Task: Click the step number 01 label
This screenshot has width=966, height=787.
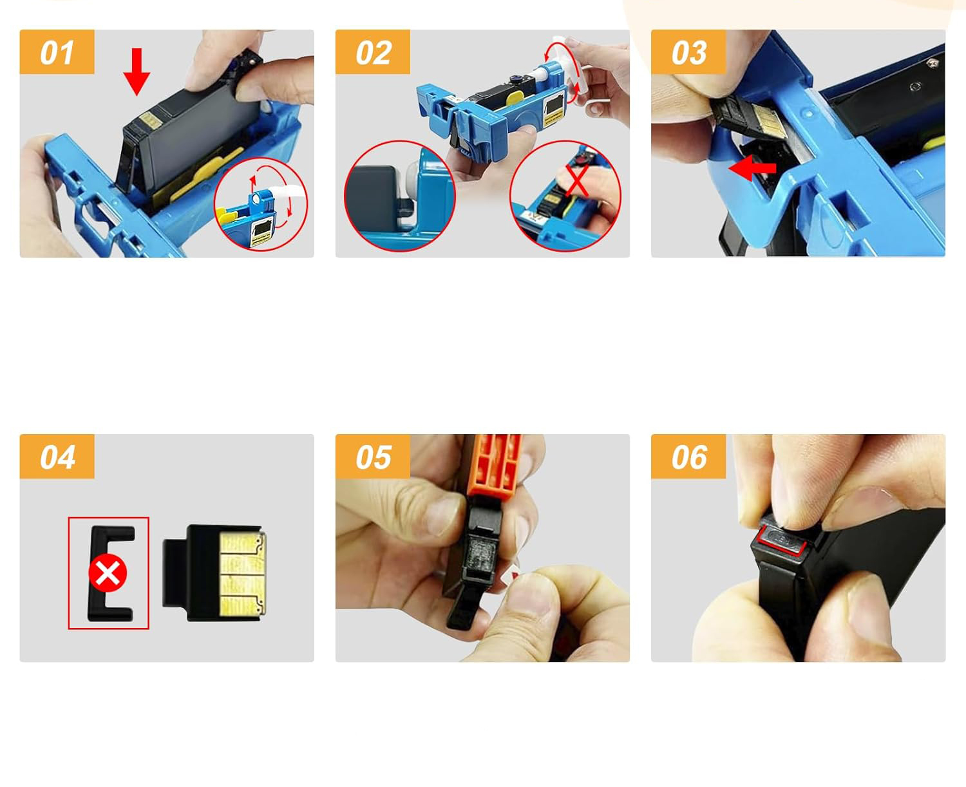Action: click(x=57, y=52)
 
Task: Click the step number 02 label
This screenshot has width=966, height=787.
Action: click(x=373, y=52)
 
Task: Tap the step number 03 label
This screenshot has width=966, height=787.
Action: click(x=688, y=52)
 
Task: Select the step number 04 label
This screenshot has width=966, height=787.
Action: click(x=57, y=457)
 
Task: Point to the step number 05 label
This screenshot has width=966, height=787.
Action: click(x=373, y=457)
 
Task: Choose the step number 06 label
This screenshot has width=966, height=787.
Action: click(x=688, y=457)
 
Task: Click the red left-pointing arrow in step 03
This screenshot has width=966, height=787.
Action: click(x=752, y=168)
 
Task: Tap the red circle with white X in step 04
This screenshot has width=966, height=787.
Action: click(x=108, y=573)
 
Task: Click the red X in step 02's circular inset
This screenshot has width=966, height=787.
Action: click(x=576, y=180)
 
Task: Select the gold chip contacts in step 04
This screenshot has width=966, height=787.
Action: click(x=242, y=574)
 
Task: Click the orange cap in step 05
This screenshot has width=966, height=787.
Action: click(x=495, y=467)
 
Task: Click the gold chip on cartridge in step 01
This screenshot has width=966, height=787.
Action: click(x=150, y=121)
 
